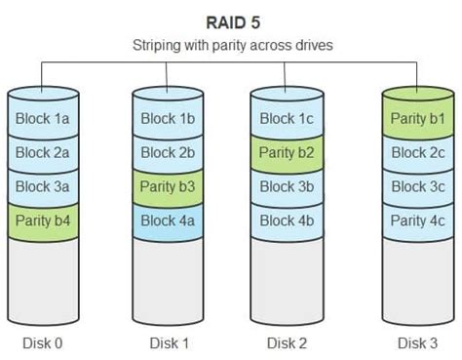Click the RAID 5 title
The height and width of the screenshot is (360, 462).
coord(231,20)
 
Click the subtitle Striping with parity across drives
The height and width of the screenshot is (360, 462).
coord(231,44)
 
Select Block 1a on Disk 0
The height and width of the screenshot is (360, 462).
coord(43,119)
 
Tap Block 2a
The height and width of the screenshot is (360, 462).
coord(43,153)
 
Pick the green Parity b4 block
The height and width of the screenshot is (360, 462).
coord(43,220)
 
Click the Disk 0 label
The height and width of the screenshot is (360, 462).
coord(43,342)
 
